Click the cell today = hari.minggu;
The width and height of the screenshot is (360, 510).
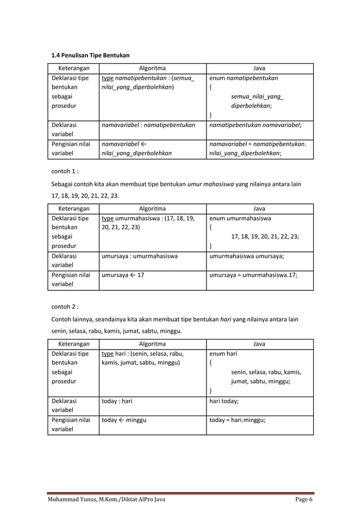click(237, 420)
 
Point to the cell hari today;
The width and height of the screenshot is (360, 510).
click(224, 402)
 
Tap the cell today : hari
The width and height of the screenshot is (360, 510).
click(117, 402)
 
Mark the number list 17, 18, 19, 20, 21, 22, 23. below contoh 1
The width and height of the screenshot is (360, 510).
click(82, 197)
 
